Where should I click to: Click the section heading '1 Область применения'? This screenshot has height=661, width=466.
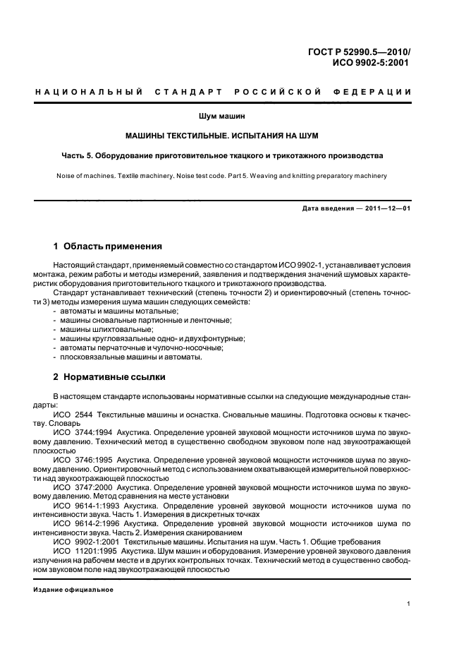pos(108,246)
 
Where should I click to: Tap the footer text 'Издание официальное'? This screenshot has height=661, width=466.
pos(73,590)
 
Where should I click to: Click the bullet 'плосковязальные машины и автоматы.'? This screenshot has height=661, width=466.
pos(130,357)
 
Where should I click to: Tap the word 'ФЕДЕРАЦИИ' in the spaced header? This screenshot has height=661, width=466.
pos(377,93)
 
